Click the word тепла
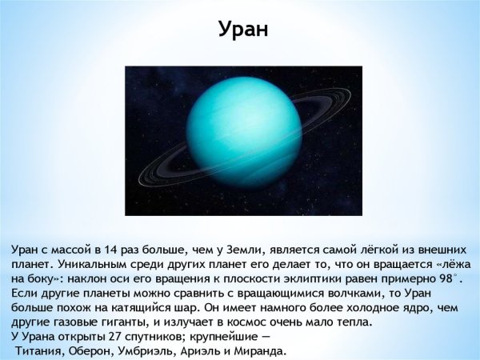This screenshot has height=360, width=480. [350, 322]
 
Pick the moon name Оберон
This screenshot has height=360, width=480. [98, 351]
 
